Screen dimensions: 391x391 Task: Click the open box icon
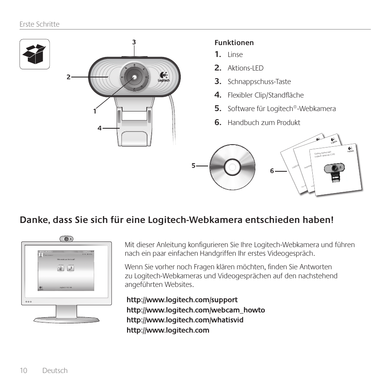(x=35, y=54)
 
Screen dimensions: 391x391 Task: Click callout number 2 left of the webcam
(x=68, y=77)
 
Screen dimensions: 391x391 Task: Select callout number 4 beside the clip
(x=99, y=128)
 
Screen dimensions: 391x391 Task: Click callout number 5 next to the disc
(x=193, y=166)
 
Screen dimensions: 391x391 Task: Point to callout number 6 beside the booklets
(x=272, y=171)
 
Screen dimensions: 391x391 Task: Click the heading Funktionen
(x=234, y=43)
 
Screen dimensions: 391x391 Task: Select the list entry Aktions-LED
(x=246, y=68)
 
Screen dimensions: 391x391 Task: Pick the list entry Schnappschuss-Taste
(x=259, y=82)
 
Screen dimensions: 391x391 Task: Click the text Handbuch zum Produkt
(x=264, y=123)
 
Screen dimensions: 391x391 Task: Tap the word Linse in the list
(x=235, y=55)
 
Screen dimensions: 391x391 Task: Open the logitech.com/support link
(x=182, y=300)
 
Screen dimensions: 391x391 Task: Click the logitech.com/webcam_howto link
(x=195, y=310)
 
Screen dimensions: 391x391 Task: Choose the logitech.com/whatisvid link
(x=185, y=320)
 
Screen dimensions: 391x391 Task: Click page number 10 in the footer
(x=23, y=371)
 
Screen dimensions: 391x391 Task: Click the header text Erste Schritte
(x=39, y=24)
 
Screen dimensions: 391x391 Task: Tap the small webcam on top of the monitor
(x=66, y=239)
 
